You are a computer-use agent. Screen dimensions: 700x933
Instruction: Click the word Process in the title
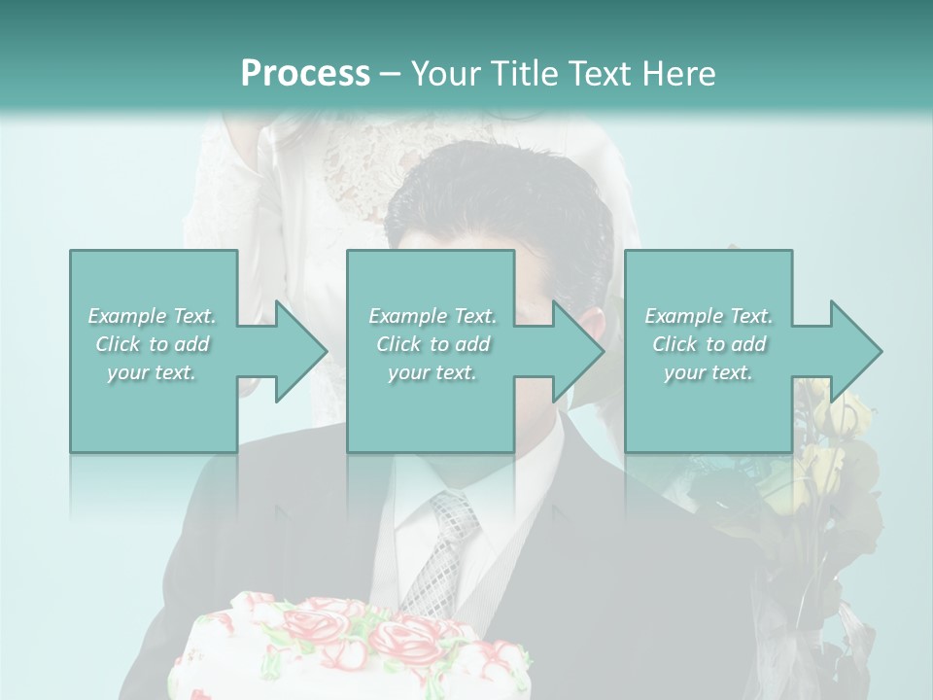(305, 74)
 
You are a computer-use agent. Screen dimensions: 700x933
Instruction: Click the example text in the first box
(153, 344)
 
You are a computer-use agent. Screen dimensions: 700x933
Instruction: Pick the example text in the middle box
(432, 344)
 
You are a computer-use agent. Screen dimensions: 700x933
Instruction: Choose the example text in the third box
(708, 344)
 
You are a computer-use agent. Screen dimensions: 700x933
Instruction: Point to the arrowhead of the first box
(296, 351)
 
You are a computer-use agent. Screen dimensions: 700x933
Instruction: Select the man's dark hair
(496, 194)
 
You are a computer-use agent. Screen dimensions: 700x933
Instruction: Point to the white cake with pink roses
(350, 651)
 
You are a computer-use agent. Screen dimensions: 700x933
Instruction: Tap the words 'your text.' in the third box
(708, 372)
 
